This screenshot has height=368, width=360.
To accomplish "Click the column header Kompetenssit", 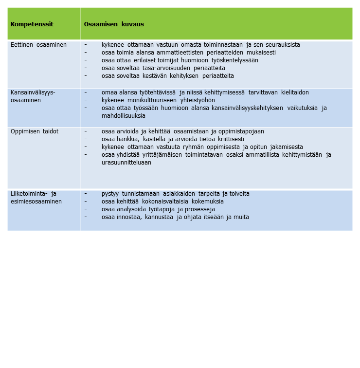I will [32, 24].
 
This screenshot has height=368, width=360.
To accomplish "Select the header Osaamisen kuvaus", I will [114, 24].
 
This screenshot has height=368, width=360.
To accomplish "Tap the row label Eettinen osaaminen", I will [38, 45].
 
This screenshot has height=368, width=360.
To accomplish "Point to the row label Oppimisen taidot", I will [35, 131].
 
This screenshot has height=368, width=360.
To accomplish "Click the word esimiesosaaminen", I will [36, 202].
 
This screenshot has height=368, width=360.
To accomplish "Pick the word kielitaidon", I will [295, 92].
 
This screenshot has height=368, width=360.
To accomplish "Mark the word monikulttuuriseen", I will [148, 100].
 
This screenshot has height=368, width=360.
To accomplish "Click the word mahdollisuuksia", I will [124, 116].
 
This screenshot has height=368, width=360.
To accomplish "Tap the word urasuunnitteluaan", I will [126, 163].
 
